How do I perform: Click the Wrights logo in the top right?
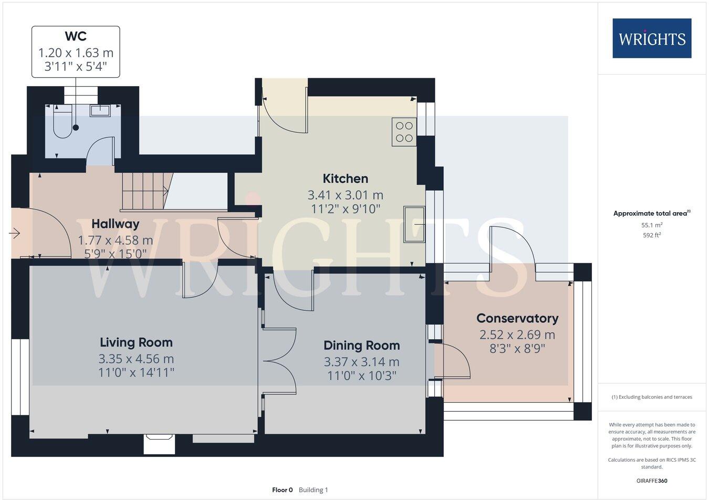(652, 38)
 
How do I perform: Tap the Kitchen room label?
(345, 179)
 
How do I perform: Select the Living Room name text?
(136, 342)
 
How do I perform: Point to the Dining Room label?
(361, 345)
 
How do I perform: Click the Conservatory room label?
(517, 318)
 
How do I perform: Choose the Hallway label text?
(116, 224)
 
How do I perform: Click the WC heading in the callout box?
(76, 36)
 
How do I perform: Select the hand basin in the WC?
(100, 110)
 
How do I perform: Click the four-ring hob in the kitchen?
(404, 132)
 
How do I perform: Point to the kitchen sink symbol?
(414, 224)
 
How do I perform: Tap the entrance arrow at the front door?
(14, 233)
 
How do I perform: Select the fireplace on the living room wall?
(159, 443)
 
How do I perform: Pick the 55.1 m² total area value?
(652, 225)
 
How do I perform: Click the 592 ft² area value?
(652, 235)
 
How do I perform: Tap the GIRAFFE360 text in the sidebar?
(652, 480)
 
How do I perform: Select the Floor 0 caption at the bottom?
(283, 490)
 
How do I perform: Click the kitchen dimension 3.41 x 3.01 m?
(345, 195)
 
